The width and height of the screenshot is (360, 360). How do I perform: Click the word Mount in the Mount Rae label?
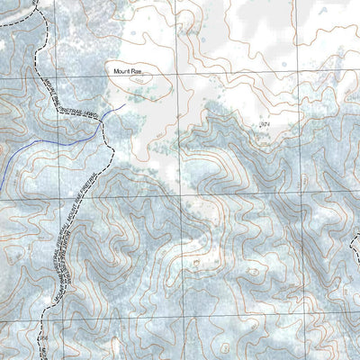pyautogui.click(x=122, y=70)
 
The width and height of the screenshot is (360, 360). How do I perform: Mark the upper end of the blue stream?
pyautogui.click(x=124, y=105)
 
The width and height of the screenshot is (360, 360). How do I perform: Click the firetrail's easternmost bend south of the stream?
pyautogui.click(x=113, y=153)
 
